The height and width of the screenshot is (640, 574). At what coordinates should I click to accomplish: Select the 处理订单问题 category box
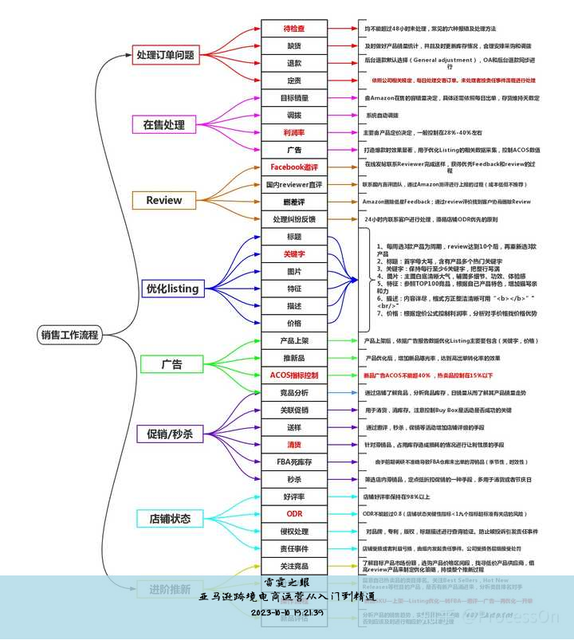tap(165, 56)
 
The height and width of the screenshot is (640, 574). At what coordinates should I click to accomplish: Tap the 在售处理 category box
tap(163, 124)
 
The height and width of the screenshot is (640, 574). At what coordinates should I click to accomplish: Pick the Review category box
tap(163, 200)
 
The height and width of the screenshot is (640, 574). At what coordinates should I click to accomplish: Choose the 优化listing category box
tap(171, 289)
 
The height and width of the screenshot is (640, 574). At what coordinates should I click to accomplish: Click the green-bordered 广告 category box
tap(171, 364)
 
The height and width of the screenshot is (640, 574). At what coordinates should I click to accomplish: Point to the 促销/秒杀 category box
tap(170, 434)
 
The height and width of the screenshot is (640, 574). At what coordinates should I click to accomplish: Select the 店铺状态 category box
tap(170, 518)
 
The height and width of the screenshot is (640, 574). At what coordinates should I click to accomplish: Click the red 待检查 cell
tap(293, 29)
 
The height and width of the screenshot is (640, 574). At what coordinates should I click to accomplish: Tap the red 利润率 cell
tap(293, 132)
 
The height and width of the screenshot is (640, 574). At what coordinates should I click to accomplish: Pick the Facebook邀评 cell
tap(293, 167)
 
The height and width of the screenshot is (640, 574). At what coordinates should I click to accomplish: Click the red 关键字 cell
tap(293, 254)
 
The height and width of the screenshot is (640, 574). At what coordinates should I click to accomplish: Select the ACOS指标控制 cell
tap(293, 375)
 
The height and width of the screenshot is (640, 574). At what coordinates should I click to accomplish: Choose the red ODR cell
tap(293, 514)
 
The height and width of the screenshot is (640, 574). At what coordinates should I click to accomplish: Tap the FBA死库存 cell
tap(293, 462)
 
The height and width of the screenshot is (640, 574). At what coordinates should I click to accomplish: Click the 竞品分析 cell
tap(293, 393)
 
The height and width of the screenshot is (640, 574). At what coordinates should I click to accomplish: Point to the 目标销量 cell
tap(293, 98)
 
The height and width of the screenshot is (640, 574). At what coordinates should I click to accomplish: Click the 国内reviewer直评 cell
tap(293, 185)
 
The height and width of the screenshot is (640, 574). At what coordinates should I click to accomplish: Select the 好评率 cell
tap(293, 497)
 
